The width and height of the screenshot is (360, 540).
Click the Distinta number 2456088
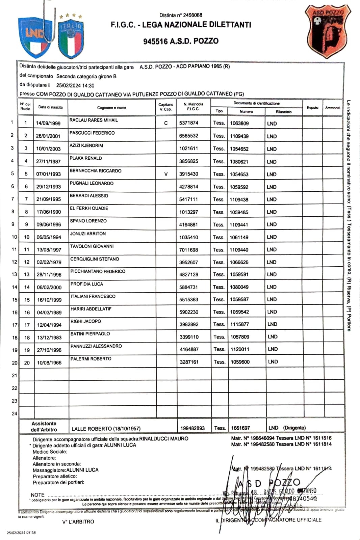click(181, 15)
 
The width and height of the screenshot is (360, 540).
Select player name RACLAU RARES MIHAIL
click(94, 120)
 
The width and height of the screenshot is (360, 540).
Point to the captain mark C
click(166, 123)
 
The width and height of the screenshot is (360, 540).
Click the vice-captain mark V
click(166, 174)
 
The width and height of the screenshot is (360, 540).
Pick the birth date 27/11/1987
click(48, 161)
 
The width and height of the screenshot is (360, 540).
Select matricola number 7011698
click(188, 250)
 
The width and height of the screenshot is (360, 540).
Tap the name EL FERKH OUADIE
click(89, 208)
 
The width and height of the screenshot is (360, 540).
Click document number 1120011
click(240, 349)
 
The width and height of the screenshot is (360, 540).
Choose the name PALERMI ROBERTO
click(91, 359)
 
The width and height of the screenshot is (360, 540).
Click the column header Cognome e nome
click(111, 108)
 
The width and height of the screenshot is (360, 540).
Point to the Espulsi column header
click(312, 108)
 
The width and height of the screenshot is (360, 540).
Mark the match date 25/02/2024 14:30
click(75, 86)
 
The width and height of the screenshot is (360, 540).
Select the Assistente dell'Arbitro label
click(44, 427)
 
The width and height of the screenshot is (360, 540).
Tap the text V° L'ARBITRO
click(78, 522)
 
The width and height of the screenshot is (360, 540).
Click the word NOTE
click(37, 495)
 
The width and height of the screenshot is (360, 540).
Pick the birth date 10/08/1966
click(49, 363)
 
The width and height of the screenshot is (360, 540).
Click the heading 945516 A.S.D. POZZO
click(181, 41)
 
